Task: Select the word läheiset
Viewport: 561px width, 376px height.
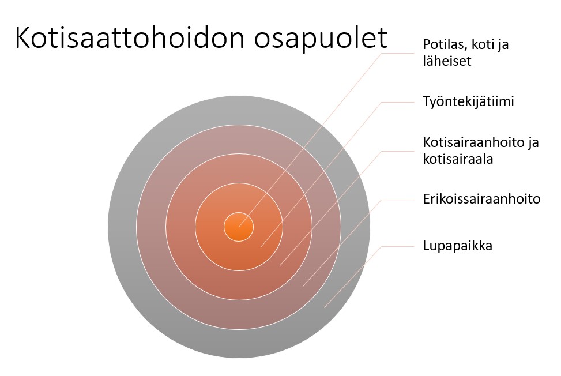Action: click(x=447, y=61)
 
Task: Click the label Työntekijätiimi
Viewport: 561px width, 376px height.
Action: click(x=468, y=102)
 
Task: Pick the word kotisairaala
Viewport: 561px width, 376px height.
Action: click(x=458, y=159)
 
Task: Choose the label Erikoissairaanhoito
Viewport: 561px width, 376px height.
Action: click(x=481, y=199)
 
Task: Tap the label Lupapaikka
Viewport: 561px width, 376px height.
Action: click(x=458, y=246)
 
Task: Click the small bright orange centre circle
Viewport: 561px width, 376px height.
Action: click(x=239, y=227)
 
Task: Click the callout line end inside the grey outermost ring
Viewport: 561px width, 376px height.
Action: click(x=325, y=307)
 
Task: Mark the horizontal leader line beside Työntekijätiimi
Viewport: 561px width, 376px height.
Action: click(x=397, y=102)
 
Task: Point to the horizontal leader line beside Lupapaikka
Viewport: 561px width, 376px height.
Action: click(x=397, y=246)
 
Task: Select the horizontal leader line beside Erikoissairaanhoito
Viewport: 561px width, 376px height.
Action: click(x=397, y=200)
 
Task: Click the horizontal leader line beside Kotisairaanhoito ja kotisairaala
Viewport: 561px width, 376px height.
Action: click(x=397, y=151)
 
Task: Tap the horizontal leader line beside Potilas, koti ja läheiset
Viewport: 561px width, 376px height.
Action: click(x=397, y=54)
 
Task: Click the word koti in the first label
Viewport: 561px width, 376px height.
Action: click(x=481, y=44)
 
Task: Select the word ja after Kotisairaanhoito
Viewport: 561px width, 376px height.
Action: click(x=534, y=143)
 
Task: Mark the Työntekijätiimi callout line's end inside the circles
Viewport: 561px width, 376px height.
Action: click(x=261, y=247)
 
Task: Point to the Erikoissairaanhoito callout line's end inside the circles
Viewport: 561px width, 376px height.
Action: click(x=303, y=286)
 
